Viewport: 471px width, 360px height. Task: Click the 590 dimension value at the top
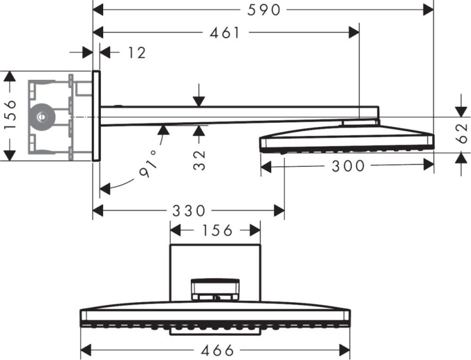[x=263, y=10]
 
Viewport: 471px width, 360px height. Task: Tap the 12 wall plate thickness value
[x=137, y=53]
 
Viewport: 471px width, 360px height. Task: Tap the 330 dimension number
[x=188, y=210]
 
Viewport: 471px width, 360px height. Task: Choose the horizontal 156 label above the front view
[x=215, y=230]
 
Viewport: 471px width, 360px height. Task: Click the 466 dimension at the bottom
[x=215, y=350]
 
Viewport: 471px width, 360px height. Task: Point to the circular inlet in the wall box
[x=42, y=116]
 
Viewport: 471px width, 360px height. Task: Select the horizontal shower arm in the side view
[x=227, y=114]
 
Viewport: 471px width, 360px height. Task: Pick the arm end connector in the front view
[x=215, y=290]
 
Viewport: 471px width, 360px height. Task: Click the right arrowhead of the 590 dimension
[x=427, y=10]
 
